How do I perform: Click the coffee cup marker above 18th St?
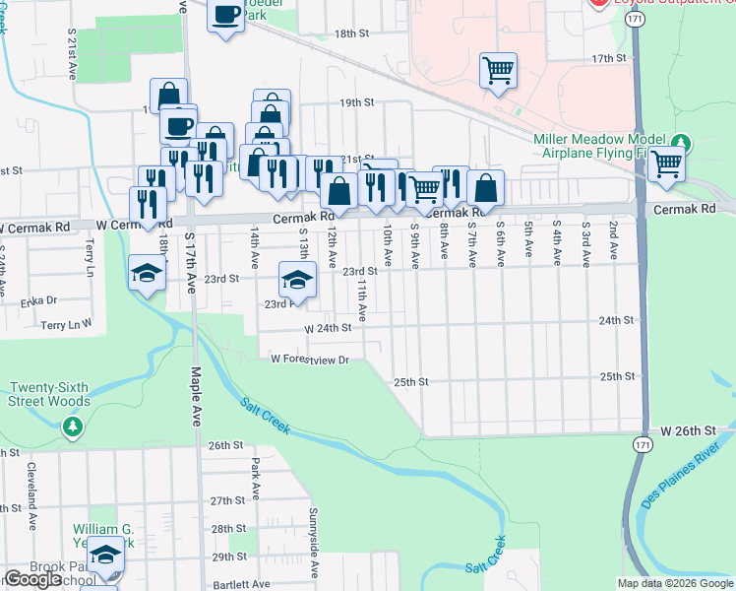tap(225, 16)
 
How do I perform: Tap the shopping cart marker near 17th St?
tap(498, 70)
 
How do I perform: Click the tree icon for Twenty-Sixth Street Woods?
tap(71, 427)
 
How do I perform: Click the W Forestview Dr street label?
tap(311, 360)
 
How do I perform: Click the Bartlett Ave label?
tap(240, 584)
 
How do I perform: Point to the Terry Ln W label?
tap(66, 323)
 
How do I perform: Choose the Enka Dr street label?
tap(38, 300)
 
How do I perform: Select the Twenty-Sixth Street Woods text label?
tap(49, 394)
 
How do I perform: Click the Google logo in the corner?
tap(32, 579)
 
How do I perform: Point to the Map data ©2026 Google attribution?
tap(674, 583)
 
